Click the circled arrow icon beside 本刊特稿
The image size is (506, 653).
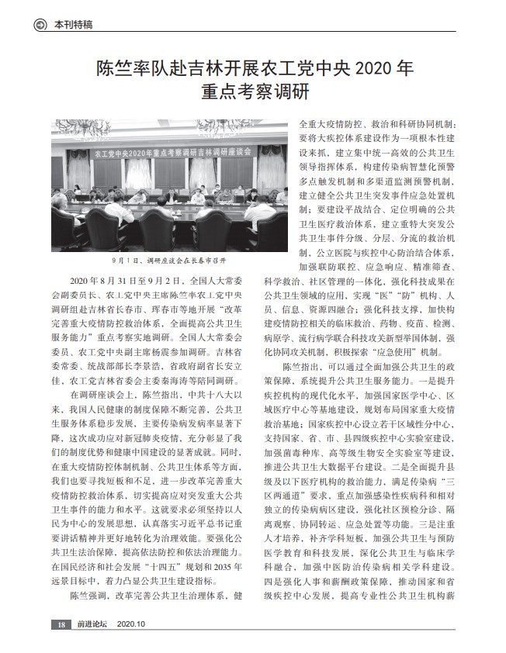40,25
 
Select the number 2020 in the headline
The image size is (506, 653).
374,68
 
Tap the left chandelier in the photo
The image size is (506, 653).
83,130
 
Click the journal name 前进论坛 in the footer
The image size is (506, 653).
91,624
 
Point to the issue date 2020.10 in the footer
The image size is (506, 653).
133,624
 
